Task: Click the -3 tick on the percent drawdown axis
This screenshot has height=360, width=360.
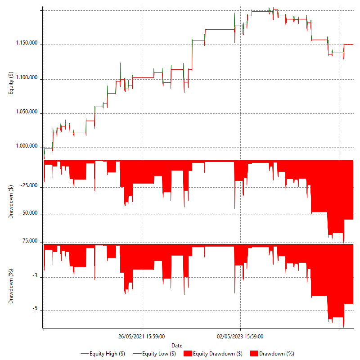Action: [36, 277]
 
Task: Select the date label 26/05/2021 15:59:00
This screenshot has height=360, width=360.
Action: [141, 336]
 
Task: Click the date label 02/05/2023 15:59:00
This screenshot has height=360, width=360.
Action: [240, 336]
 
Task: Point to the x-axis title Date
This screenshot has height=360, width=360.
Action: [177, 345]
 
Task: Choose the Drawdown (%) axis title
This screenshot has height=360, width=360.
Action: [11, 285]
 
